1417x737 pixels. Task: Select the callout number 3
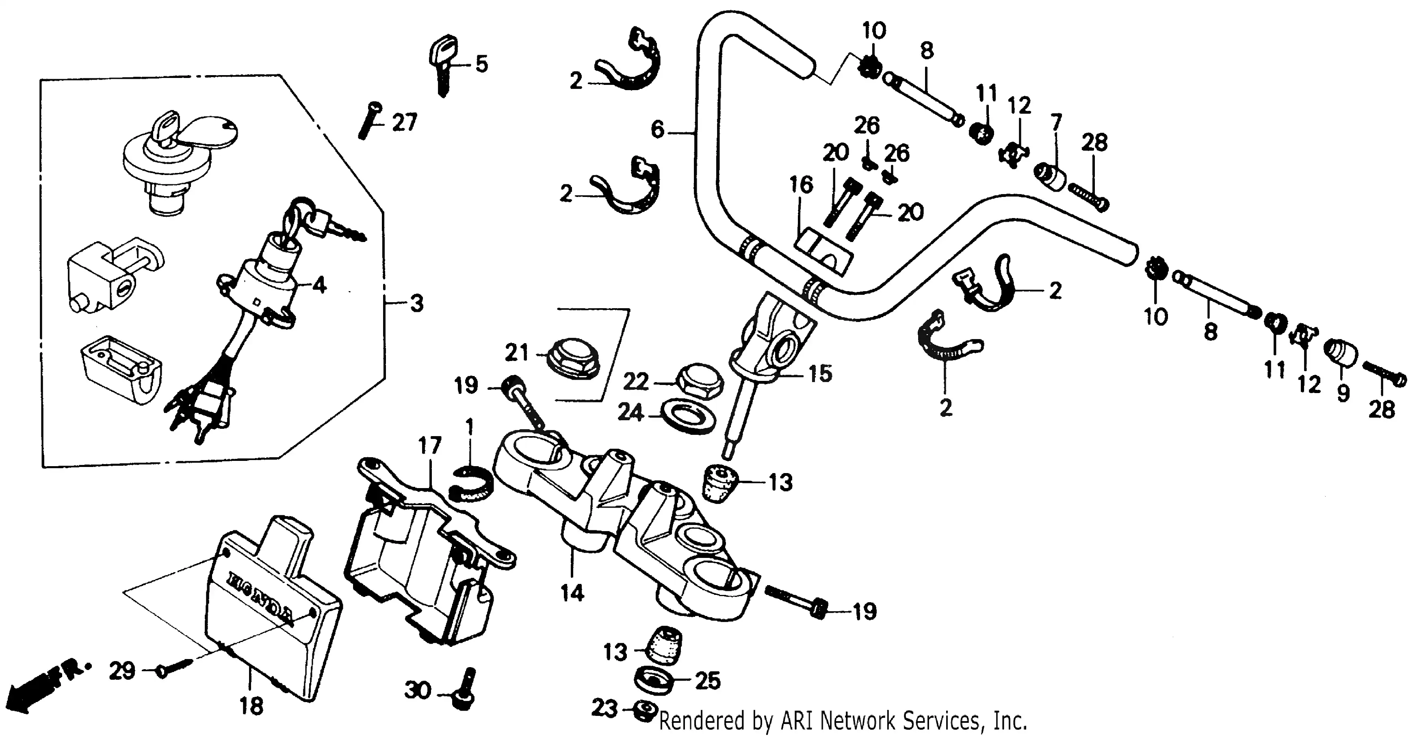(417, 304)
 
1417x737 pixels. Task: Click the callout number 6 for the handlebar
(657, 130)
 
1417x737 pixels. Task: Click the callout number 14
(572, 593)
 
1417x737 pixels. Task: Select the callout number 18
(251, 706)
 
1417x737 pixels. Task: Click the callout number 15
(820, 374)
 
